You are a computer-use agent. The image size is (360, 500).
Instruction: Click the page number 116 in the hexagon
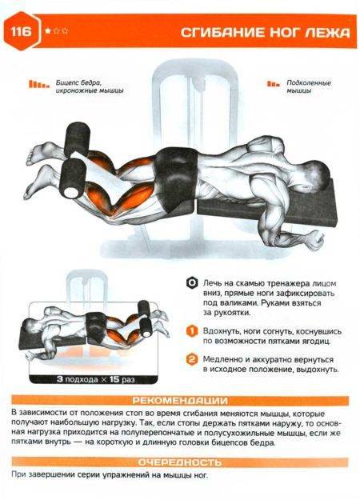click(22, 32)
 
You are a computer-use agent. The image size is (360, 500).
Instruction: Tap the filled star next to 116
click(48, 31)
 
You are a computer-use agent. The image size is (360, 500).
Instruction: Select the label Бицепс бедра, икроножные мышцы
click(90, 86)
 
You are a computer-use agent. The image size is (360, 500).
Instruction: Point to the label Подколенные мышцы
click(309, 86)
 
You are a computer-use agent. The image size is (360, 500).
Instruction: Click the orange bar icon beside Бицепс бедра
click(39, 84)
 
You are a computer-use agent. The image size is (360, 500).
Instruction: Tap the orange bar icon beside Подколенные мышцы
click(274, 84)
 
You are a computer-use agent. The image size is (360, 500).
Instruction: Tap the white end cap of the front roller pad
click(71, 192)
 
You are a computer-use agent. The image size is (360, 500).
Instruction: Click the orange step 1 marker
click(192, 330)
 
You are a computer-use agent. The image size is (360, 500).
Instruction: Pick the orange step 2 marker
click(192, 360)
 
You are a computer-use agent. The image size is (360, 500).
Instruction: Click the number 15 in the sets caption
click(114, 379)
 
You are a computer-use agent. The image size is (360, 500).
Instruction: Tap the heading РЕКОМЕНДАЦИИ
click(180, 401)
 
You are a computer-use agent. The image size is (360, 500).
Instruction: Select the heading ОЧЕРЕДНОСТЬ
click(180, 462)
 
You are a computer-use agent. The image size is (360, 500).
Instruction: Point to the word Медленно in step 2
click(223, 360)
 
